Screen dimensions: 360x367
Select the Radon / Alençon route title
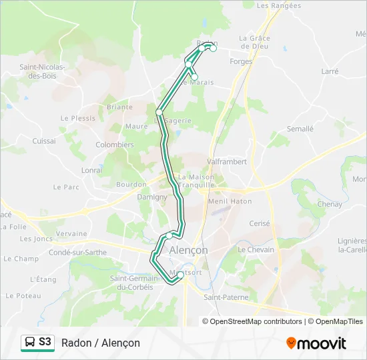point(101,343)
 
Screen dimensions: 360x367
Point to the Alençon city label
point(188,249)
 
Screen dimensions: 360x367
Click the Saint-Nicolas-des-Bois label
point(42,71)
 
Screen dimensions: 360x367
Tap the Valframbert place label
point(227,161)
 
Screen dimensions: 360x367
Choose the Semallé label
point(300,129)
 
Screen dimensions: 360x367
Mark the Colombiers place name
point(115,145)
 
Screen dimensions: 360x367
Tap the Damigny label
point(152,197)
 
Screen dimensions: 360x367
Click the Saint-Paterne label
point(226,297)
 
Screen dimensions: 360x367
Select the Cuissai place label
point(44,141)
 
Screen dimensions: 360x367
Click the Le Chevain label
point(256,249)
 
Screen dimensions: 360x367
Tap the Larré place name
point(330,71)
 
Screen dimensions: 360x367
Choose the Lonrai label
point(91,170)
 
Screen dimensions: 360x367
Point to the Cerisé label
point(259,224)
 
